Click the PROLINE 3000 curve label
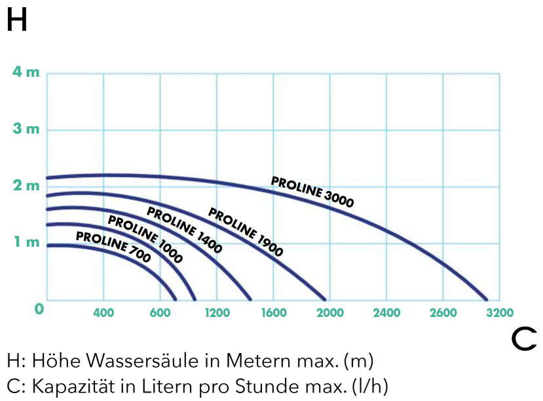[312, 192]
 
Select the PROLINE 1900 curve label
[246, 231]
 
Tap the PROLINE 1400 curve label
[184, 230]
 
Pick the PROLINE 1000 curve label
[145, 239]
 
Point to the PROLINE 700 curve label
[113, 247]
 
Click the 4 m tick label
[26, 72]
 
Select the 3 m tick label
[26, 129]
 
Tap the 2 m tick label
[26, 186]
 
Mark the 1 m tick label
[26, 242]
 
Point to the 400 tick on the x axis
[103, 313]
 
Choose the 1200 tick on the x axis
[217, 313]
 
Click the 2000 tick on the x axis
[330, 313]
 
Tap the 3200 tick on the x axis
[500, 313]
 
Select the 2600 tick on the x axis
[443, 313]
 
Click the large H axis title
[17, 21]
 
